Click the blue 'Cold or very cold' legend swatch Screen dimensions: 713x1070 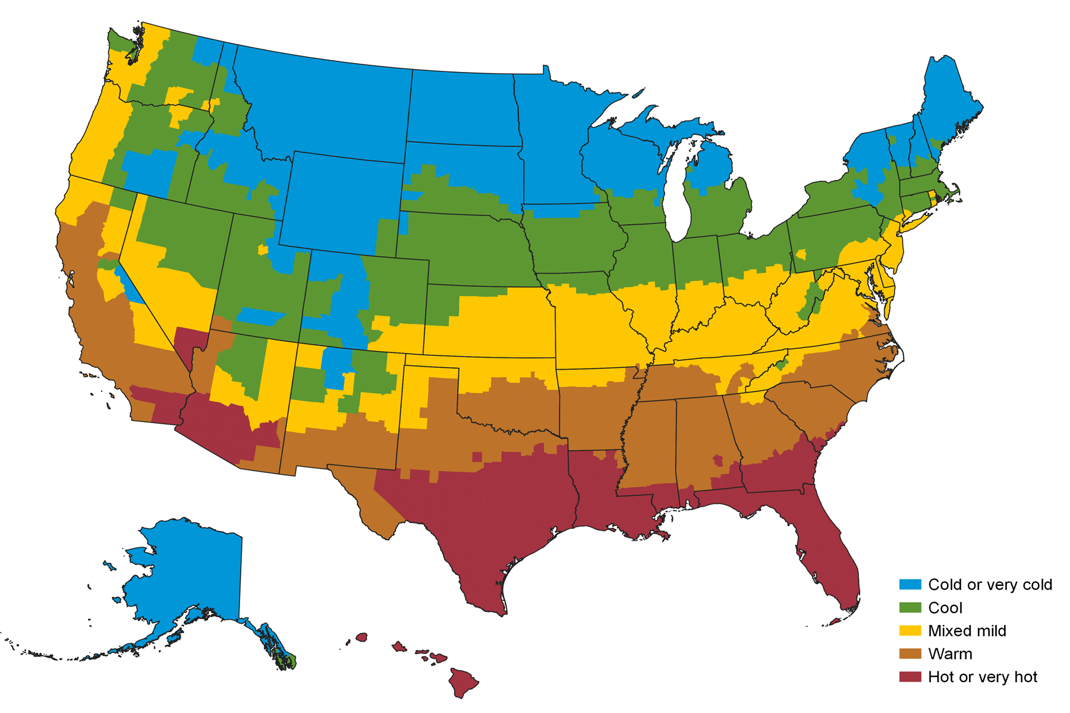[x=909, y=585]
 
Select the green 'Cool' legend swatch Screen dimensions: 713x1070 [x=909, y=608]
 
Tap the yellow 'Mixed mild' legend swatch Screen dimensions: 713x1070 [x=909, y=631]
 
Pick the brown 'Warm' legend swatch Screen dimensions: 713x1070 [x=909, y=654]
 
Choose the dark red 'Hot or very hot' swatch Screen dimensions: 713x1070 [x=909, y=677]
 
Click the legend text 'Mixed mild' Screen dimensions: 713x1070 [x=967, y=631]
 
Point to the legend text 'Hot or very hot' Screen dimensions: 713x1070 [x=982, y=677]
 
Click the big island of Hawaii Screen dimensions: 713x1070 [x=463, y=682]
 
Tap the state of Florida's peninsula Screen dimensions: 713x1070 [x=832, y=559]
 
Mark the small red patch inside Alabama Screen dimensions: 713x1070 [x=718, y=460]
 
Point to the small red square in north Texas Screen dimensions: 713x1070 [x=477, y=456]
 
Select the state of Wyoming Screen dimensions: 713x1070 [x=342, y=202]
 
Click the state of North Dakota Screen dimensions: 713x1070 [x=461, y=107]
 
